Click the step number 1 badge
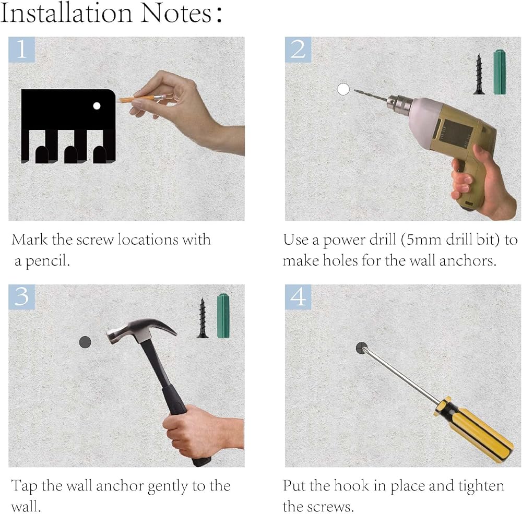pos(21,50)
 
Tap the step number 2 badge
pos(298,50)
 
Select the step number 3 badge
pos(21,297)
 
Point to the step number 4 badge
pos(298,297)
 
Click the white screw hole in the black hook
pos(97,106)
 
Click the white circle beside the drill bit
pos(343,89)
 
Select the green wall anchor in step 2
pos(500,72)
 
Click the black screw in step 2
pos(479,74)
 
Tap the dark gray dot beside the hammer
pos(85,342)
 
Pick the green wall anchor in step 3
pos(223,316)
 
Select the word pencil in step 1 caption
pos(48,261)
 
